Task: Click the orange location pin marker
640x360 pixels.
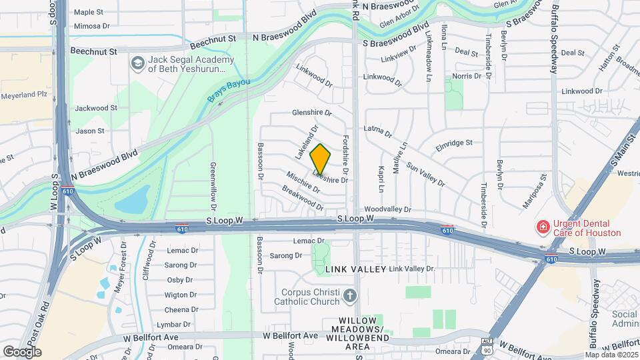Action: pyautogui.click(x=321, y=159)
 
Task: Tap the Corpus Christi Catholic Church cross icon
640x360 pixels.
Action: pyautogui.click(x=350, y=295)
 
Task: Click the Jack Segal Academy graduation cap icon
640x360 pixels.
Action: pyautogui.click(x=138, y=63)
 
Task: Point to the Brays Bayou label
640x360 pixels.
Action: pyautogui.click(x=228, y=90)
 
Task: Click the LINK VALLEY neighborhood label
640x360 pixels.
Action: pyautogui.click(x=356, y=269)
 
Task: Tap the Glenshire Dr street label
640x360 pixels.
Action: pyautogui.click(x=312, y=113)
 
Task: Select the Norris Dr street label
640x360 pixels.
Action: pyautogui.click(x=467, y=77)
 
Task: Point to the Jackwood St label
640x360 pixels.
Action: pyautogui.click(x=96, y=107)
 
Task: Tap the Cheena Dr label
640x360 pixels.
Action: pyautogui.click(x=180, y=309)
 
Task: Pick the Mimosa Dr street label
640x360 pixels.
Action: pyautogui.click(x=91, y=26)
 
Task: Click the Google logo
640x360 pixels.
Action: pyautogui.click(x=22, y=351)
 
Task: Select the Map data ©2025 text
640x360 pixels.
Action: pyautogui.click(x=611, y=355)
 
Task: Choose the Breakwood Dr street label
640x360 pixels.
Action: pyautogui.click(x=302, y=198)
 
